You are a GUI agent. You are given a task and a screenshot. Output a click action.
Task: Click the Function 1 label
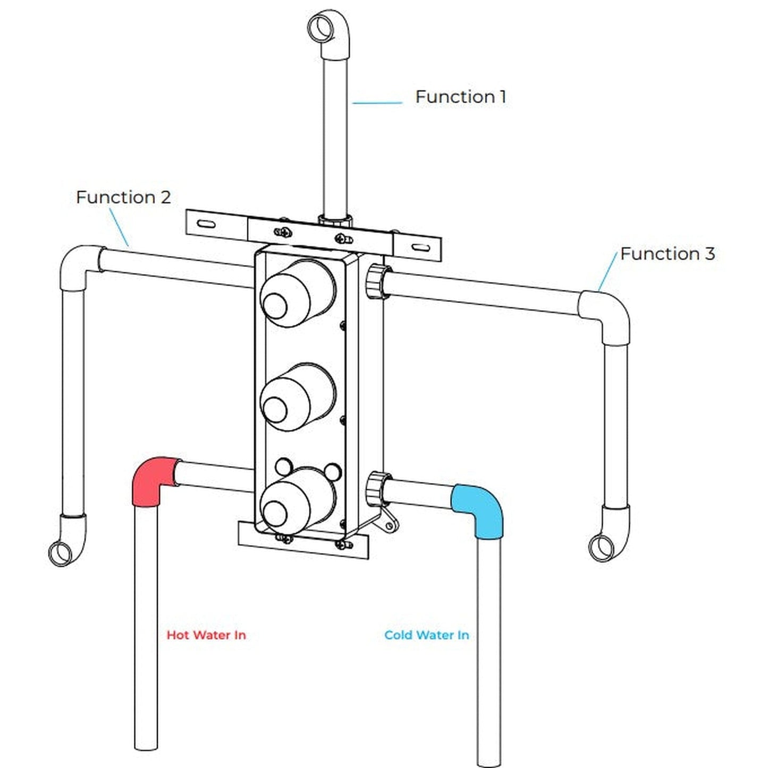tap(460, 97)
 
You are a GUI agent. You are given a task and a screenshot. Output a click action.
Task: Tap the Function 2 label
tap(123, 197)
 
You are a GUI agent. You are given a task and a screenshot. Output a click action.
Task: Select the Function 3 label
tap(668, 254)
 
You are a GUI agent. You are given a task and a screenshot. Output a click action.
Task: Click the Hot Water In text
tap(206, 635)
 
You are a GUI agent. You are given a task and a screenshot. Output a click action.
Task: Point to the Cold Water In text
tap(427, 635)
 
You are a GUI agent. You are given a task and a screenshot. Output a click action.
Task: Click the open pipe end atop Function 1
tap(320, 24)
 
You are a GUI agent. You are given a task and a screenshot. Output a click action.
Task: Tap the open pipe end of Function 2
tap(60, 553)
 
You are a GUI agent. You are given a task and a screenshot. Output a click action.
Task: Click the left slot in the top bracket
tap(208, 224)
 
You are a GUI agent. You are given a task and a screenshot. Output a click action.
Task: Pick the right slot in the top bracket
tap(420, 248)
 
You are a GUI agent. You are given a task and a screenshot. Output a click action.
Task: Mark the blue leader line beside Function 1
tap(377, 103)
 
